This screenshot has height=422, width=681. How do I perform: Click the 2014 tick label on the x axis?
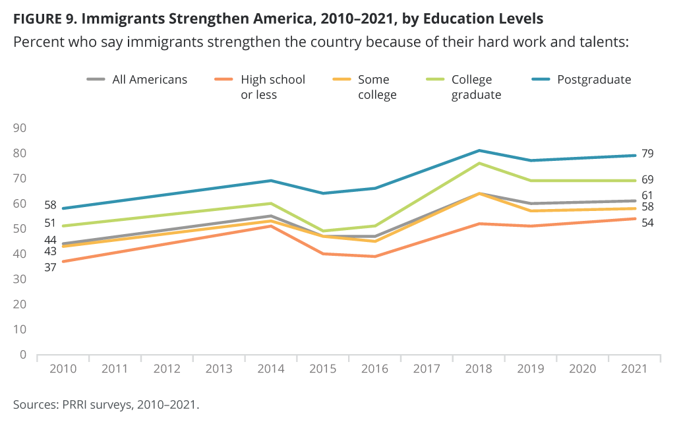tap(271, 369)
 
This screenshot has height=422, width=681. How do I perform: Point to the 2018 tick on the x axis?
tap(479, 369)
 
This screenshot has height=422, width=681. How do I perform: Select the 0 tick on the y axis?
tap(22, 355)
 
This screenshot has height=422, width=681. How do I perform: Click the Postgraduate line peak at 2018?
tap(479, 150)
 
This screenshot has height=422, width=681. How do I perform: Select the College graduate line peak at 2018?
tap(479, 163)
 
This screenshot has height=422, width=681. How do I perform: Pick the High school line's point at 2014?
tap(271, 226)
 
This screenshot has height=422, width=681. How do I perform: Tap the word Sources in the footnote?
tap(32, 404)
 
